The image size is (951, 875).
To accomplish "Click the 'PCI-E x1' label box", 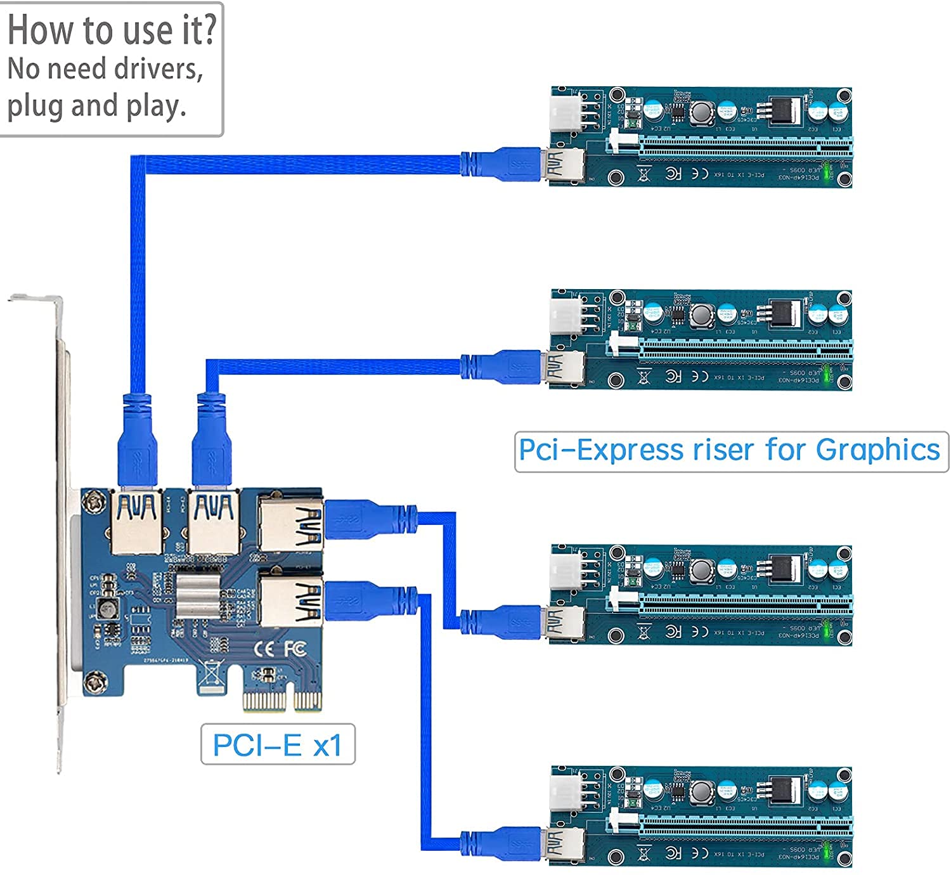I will tap(278, 744).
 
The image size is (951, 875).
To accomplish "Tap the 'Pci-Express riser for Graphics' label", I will tap(730, 451).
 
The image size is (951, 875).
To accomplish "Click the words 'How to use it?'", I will tap(112, 30).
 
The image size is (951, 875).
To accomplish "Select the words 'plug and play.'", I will tap(96, 106).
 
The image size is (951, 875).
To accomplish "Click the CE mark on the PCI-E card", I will tap(264, 649).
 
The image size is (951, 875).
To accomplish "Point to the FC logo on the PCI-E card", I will tap(295, 648).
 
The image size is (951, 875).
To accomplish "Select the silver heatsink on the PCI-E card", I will tap(197, 595).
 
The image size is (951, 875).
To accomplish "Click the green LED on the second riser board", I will tap(827, 376).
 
